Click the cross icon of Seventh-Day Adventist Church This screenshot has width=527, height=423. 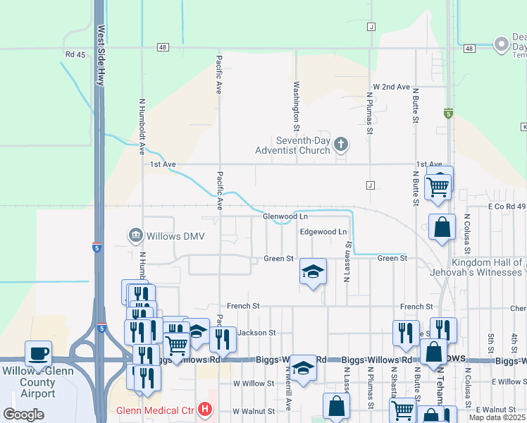coord(341,145)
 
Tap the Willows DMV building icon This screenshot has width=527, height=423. coord(135,234)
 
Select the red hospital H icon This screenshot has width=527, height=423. coord(205,409)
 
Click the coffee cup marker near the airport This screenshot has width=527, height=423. coord(38,352)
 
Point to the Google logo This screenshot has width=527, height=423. coord(23,415)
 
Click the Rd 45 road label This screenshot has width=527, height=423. coord(74,54)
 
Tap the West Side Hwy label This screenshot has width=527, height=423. coord(101,56)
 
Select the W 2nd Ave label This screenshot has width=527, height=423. coord(391,87)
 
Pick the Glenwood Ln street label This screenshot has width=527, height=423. coord(285,216)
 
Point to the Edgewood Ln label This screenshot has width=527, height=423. coord(323,231)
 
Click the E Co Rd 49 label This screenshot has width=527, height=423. coord(507,207)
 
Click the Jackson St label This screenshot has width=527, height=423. coord(255,332)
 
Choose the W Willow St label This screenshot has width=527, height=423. coord(253,383)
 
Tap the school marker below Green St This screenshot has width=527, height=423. coord(313,271)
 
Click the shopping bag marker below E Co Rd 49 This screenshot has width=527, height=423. coord(441,227)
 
